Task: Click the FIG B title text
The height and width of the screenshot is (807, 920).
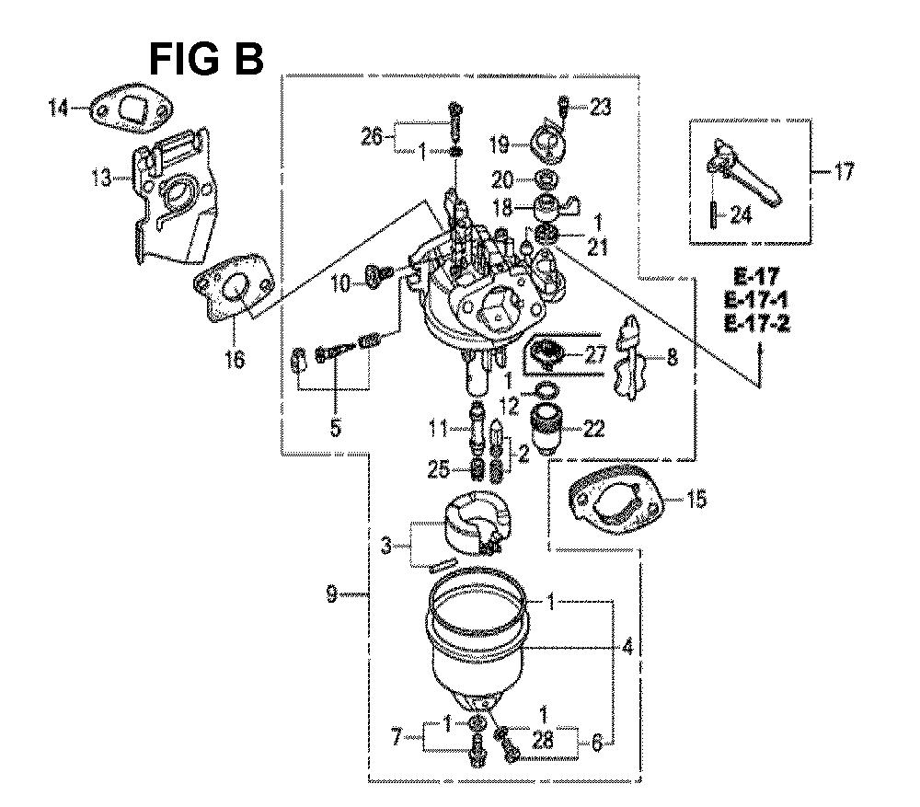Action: point(206,59)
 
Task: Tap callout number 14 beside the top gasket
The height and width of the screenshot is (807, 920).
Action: point(59,108)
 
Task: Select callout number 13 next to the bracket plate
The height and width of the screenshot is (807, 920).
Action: point(101,177)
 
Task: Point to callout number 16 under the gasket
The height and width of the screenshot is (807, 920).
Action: point(235,358)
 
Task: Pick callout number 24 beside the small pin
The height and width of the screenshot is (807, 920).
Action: point(741,215)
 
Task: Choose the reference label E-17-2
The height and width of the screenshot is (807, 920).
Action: point(757,323)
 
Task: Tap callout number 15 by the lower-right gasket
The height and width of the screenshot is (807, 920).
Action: point(696,500)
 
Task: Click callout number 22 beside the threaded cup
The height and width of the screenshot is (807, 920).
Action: point(593,429)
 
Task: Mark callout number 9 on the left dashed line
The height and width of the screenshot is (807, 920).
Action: point(331,594)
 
